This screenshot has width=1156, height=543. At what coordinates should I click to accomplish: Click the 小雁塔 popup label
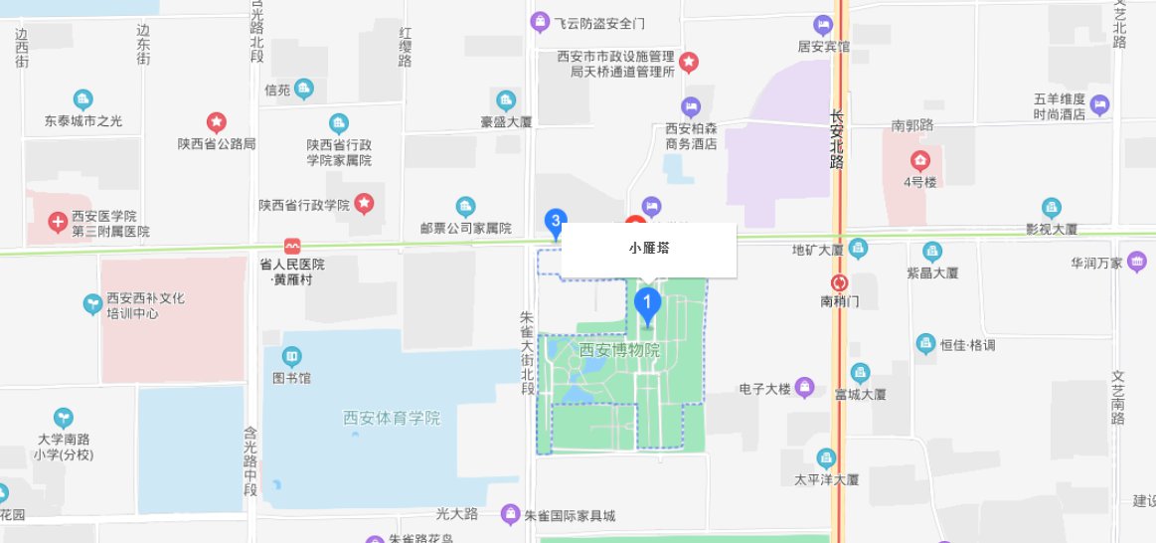click(649, 249)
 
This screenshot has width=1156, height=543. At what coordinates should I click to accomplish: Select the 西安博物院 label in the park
click(620, 350)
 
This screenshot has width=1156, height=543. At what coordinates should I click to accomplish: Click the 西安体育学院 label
click(391, 418)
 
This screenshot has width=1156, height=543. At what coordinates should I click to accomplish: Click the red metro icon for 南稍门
click(840, 282)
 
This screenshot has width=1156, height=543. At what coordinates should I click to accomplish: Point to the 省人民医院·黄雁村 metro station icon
click(292, 246)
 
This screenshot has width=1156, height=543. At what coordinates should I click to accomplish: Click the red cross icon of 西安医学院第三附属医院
click(57, 218)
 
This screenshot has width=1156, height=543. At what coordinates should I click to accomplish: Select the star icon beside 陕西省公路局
click(216, 122)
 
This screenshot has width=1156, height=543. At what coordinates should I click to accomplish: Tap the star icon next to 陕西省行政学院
click(364, 204)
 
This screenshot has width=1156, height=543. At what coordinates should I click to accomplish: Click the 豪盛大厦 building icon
click(506, 100)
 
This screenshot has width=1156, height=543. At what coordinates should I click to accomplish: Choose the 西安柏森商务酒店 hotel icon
click(690, 106)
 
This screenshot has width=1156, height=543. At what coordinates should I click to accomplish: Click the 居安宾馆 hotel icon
click(823, 24)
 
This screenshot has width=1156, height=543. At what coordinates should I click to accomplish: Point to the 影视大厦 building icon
click(1052, 207)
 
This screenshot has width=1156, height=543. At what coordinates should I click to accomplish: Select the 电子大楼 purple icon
click(805, 387)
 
